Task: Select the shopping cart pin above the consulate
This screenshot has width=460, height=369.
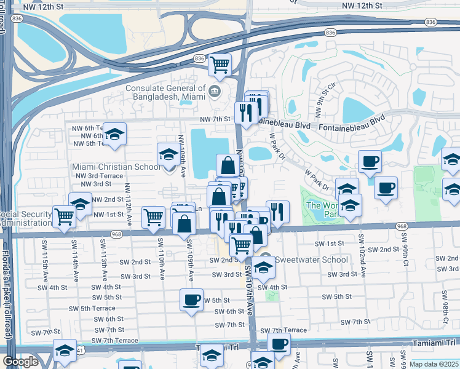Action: point(220,64)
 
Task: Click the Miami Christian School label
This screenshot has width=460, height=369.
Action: point(117,167)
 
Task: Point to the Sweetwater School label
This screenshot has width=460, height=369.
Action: point(311,259)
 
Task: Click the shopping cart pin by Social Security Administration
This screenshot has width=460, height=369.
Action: point(65,216)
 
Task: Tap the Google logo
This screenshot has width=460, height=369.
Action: point(20,362)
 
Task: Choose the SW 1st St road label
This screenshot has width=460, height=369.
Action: point(329,244)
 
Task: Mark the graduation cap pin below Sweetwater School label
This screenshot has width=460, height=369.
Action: point(263,268)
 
